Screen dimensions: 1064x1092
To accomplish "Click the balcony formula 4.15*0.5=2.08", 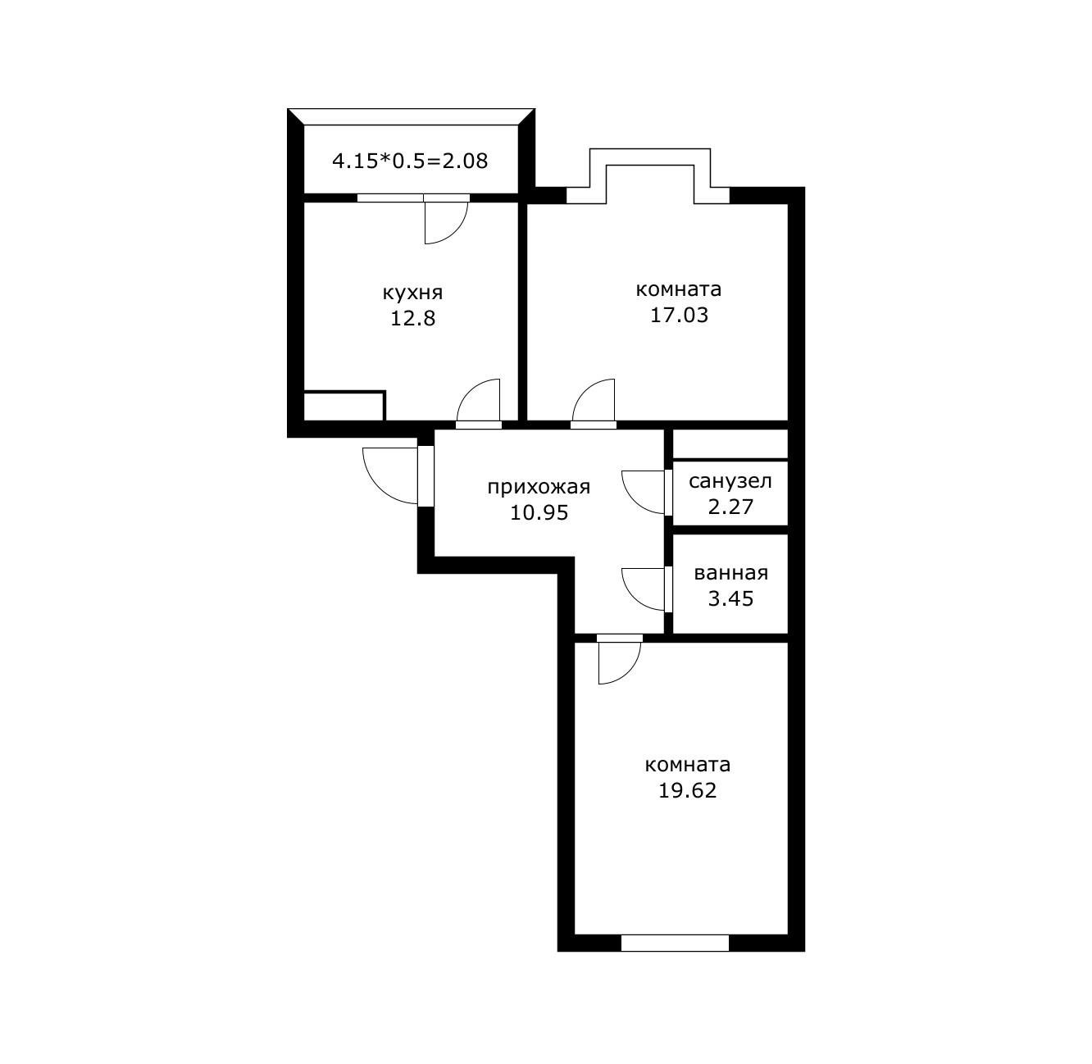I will [x=410, y=161].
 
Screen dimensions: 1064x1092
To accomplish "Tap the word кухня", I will [x=412, y=293].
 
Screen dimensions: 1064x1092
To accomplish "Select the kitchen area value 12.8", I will [x=412, y=318].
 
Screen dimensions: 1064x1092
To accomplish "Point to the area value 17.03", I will [x=679, y=315].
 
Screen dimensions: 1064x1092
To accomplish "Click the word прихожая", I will [x=539, y=487].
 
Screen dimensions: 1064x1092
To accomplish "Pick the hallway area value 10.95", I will [x=539, y=513].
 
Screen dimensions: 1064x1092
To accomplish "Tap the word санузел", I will [x=730, y=481].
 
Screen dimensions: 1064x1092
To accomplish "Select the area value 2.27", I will [x=730, y=507].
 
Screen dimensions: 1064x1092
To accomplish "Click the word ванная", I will [x=730, y=573].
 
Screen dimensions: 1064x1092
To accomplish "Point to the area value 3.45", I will [x=730, y=598].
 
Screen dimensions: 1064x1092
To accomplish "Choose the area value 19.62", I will [x=687, y=791].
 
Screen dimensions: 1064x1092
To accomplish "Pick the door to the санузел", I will [x=644, y=492].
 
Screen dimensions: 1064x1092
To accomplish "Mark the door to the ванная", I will [x=644, y=589].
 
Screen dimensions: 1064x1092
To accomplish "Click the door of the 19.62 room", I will [x=618, y=661].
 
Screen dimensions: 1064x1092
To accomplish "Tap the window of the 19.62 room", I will [x=675, y=943].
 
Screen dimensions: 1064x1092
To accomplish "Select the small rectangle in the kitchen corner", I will [x=344, y=405].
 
